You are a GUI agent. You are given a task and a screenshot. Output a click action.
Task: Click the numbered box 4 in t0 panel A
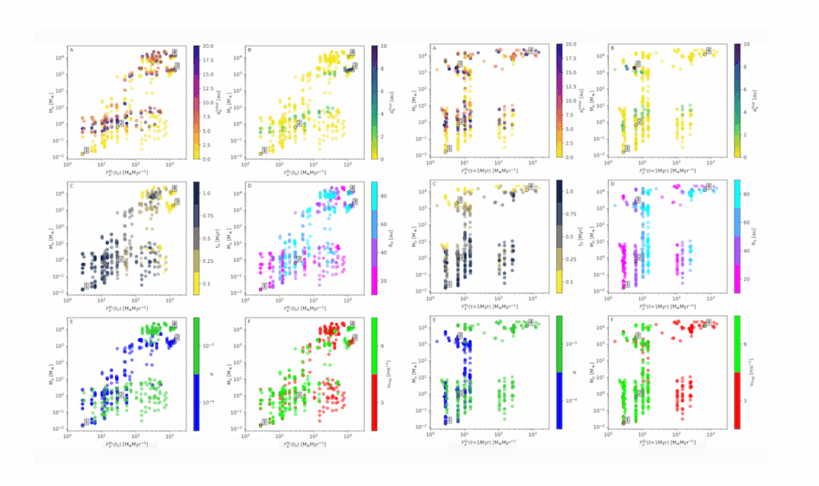[x=175, y=52]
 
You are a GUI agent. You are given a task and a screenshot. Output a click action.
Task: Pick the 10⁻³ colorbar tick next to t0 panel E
[x=209, y=345]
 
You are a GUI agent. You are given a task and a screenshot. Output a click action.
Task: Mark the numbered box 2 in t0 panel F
[x=298, y=394]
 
